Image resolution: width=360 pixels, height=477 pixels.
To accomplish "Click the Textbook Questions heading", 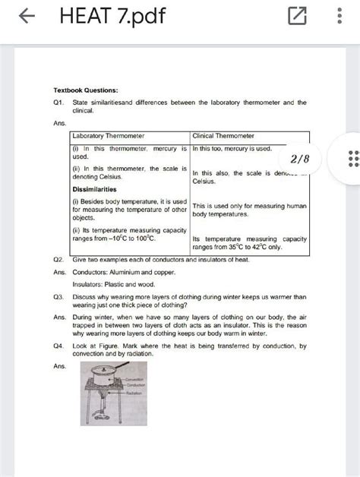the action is tap(85, 89).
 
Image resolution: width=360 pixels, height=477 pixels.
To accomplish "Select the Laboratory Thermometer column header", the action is tap(108, 135).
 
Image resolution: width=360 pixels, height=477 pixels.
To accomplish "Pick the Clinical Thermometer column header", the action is tap(224, 135).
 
